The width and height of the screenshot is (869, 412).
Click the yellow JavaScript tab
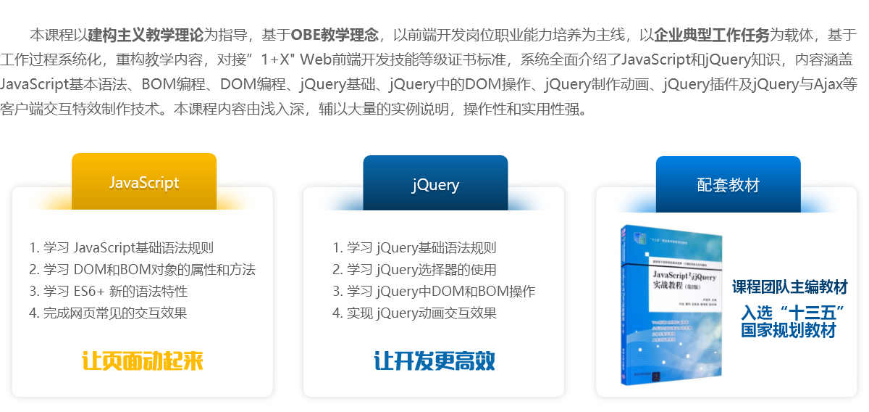(144, 181)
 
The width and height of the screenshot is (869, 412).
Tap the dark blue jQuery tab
(435, 184)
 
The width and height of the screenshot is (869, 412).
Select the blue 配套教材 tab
(728, 184)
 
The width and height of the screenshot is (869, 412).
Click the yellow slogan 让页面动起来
(143, 360)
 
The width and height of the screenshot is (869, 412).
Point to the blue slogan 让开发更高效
(434, 360)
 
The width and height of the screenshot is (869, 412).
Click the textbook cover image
(671, 305)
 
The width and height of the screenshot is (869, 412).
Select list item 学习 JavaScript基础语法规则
(122, 248)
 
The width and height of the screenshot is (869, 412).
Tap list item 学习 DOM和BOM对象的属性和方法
(143, 270)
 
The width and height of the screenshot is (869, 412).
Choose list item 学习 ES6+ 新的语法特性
(109, 292)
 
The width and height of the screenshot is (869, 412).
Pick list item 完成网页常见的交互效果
(109, 313)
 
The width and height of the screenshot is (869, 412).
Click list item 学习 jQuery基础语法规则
(415, 248)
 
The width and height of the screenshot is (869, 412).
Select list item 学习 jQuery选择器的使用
(415, 270)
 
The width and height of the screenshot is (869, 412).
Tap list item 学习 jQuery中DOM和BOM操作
(434, 292)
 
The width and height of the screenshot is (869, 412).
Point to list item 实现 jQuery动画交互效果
(415, 313)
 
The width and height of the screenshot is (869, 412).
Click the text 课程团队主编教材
(789, 287)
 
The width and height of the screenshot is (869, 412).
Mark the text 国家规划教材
(788, 330)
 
